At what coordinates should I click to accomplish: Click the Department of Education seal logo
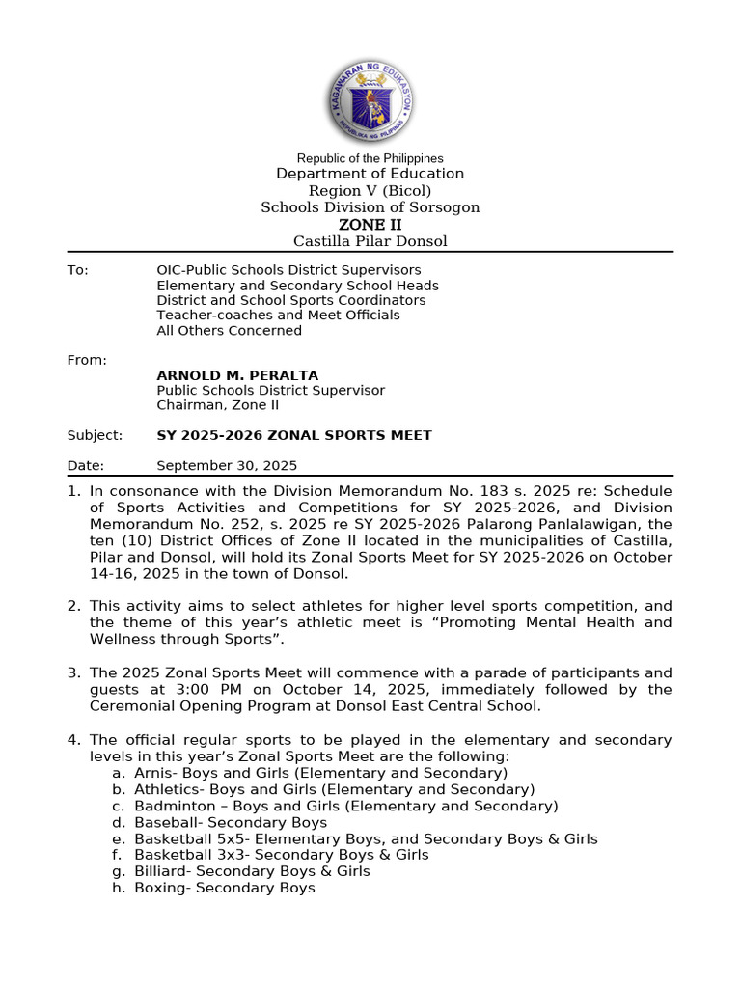click(x=370, y=100)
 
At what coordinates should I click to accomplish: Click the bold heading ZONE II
click(x=370, y=225)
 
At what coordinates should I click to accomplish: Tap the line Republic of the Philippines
click(x=370, y=158)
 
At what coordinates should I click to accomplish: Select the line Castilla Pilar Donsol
click(x=370, y=241)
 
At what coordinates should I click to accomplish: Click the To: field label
click(x=77, y=270)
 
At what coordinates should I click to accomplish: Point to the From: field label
click(x=87, y=360)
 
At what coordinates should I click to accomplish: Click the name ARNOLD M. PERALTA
click(x=237, y=375)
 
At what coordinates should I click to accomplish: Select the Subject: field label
click(x=95, y=435)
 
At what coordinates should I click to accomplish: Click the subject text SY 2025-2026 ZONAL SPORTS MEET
click(x=294, y=435)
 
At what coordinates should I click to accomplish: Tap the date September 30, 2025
click(x=227, y=465)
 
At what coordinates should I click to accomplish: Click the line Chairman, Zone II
click(x=217, y=405)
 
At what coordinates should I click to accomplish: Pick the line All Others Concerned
click(x=229, y=330)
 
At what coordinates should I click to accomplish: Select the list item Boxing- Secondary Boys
click(x=224, y=888)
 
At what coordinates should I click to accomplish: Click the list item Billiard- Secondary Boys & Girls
click(x=252, y=871)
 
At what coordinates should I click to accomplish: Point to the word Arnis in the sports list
click(x=152, y=773)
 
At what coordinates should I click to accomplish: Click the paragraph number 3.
click(x=73, y=672)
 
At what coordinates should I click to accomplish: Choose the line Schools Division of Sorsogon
click(x=370, y=207)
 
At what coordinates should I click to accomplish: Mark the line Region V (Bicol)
click(x=370, y=191)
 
